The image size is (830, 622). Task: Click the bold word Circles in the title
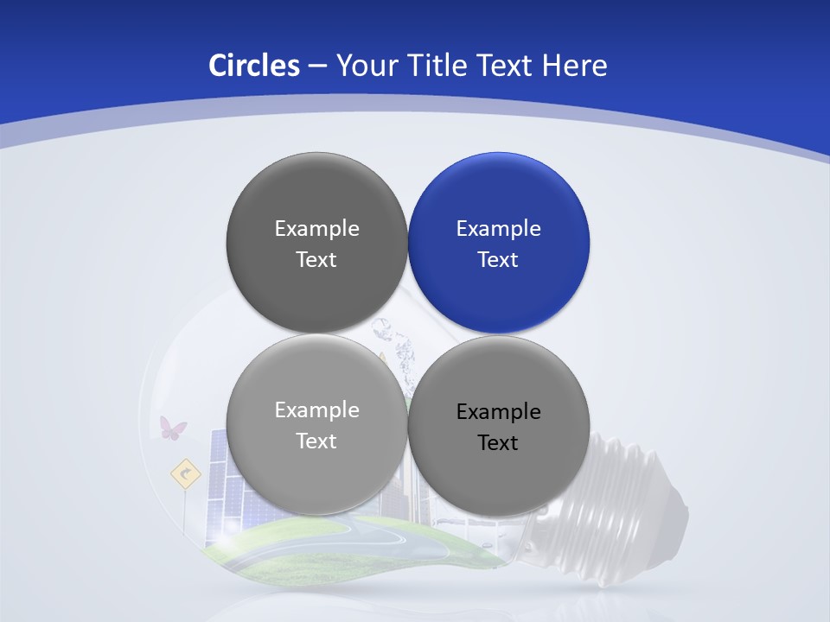(254, 66)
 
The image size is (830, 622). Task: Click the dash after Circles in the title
(317, 67)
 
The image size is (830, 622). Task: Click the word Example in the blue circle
(498, 229)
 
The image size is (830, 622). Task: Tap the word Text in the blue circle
(498, 260)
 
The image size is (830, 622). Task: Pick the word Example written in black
(498, 412)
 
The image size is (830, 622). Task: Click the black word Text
(498, 443)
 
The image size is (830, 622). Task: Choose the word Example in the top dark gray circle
(316, 229)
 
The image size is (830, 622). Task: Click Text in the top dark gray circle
(316, 260)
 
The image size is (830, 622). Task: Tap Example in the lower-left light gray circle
(316, 410)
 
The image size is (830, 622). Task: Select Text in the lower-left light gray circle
(316, 441)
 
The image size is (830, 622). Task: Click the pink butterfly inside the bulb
(172, 428)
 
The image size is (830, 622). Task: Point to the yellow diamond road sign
(185, 473)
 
